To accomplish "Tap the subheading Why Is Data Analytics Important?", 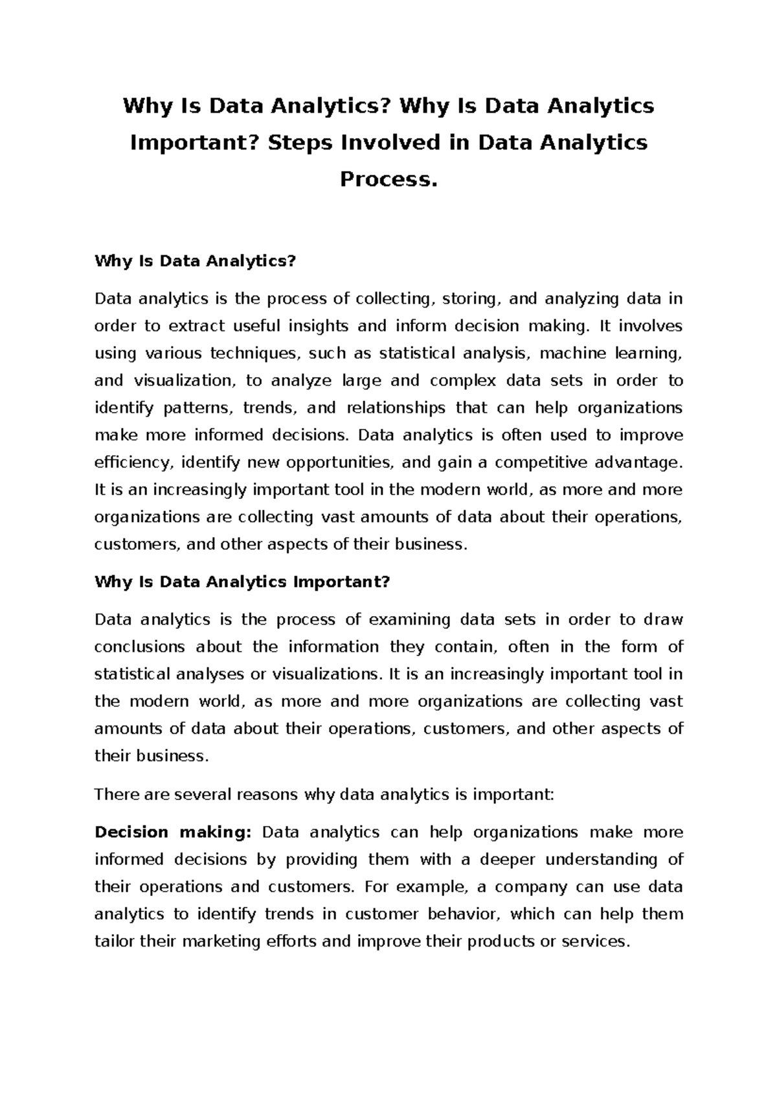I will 242,582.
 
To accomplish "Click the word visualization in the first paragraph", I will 188,380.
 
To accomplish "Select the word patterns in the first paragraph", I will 197,408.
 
